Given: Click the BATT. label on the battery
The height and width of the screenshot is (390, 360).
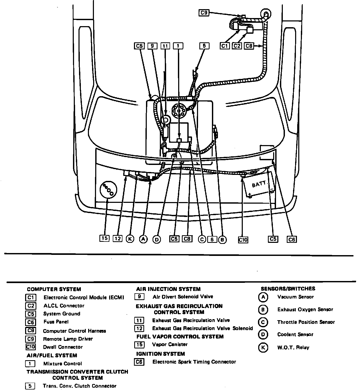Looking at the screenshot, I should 259,184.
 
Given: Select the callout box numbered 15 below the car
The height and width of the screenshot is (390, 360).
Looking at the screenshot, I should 104,238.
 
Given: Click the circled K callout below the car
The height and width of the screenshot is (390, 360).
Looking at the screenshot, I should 130,239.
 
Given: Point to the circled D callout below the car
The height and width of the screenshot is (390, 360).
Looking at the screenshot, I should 157,239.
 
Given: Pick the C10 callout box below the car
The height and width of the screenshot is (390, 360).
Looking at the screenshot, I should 243,239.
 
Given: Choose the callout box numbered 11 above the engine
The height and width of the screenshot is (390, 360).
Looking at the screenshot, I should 165,46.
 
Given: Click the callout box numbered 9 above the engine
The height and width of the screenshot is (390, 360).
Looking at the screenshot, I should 152,46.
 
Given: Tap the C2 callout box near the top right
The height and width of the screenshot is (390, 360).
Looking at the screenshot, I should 237,46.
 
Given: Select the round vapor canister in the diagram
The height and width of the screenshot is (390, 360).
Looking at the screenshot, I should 108,190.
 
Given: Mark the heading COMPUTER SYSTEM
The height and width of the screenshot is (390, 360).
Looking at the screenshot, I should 54,289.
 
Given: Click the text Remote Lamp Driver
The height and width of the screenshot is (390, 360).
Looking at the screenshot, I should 68,339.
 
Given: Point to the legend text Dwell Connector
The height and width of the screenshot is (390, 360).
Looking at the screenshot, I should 63,347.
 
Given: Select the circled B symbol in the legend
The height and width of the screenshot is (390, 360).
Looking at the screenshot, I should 263,309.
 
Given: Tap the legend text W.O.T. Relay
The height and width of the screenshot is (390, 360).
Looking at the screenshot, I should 293,347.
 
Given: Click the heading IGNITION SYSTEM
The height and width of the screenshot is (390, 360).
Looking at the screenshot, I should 160,354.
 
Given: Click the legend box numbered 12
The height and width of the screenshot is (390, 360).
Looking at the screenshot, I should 139,328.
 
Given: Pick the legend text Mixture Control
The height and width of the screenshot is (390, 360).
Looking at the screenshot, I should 63,363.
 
